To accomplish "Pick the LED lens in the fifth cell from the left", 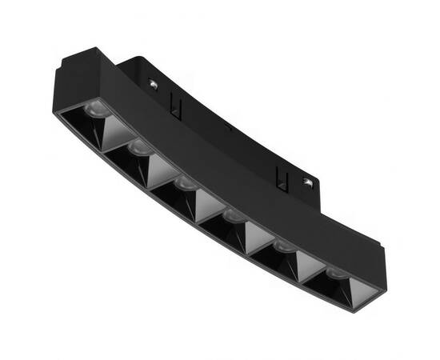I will tap(283, 248).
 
